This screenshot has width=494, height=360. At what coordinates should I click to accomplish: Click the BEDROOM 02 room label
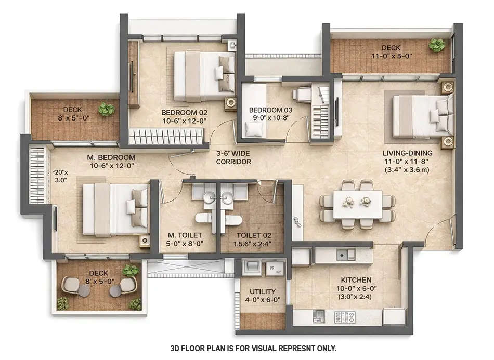tap(184, 113)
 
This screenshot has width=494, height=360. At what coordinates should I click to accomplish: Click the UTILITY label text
tap(263, 291)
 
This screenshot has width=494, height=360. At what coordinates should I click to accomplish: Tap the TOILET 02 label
tap(253, 236)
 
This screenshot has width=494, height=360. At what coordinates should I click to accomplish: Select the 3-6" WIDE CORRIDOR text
tap(233, 157)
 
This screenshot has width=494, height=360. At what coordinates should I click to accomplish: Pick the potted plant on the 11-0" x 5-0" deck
tap(437, 45)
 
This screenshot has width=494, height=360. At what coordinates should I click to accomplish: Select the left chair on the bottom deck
tap(70, 284)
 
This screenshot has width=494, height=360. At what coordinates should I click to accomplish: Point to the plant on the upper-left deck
tap(107, 109)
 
